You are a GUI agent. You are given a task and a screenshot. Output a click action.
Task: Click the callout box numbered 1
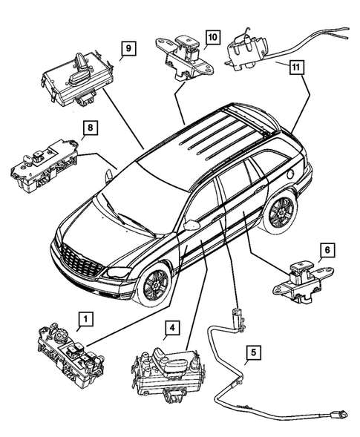click(86, 320)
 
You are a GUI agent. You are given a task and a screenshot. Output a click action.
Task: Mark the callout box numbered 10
click(213, 37)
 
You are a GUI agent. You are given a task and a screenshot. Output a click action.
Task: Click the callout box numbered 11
click(295, 67)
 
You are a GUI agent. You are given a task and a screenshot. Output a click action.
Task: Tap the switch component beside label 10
click(180, 52)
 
